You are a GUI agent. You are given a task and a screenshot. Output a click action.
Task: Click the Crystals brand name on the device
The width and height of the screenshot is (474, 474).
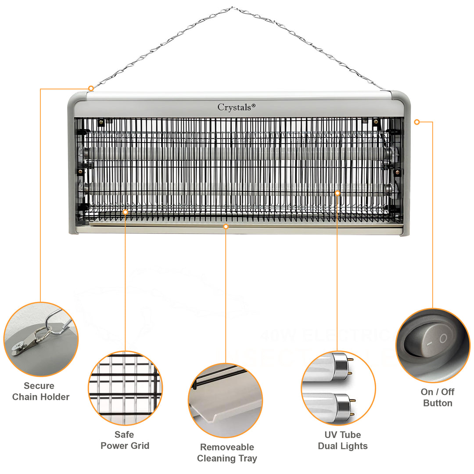pyautogui.click(x=234, y=107)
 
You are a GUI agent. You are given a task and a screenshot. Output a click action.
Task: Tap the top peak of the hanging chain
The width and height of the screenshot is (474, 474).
pyautogui.click(x=233, y=8)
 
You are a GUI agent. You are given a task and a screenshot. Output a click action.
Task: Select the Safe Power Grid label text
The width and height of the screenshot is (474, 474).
pyautogui.click(x=125, y=440)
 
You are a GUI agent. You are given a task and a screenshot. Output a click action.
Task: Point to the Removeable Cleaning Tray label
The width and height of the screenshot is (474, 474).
pyautogui.click(x=227, y=453)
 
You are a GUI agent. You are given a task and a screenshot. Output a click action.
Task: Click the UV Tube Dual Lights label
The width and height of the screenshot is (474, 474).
pyautogui.click(x=342, y=440)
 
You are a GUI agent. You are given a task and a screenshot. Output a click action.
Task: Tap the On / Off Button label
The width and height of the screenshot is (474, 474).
pyautogui.click(x=437, y=397)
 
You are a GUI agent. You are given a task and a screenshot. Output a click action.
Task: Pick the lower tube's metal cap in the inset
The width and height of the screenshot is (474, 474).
pyautogui.click(x=342, y=402)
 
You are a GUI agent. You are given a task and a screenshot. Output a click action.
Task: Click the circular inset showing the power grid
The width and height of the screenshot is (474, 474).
pyautogui.click(x=125, y=388)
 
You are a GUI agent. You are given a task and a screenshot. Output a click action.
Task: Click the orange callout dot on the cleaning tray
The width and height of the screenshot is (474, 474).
pyautogui.click(x=226, y=226)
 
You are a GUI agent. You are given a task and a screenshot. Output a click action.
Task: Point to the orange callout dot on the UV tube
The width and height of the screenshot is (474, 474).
pyautogui.click(x=338, y=193)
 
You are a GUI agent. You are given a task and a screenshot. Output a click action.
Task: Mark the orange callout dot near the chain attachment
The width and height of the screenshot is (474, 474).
pyautogui.click(x=91, y=89)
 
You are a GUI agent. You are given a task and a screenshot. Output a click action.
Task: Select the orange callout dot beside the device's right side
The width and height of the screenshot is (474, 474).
pyautogui.click(x=417, y=122)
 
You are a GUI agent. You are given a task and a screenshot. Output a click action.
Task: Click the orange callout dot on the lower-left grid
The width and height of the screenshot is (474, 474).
pyautogui.click(x=125, y=212)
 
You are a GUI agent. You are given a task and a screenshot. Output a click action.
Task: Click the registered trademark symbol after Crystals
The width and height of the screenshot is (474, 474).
pyautogui.click(x=253, y=105)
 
